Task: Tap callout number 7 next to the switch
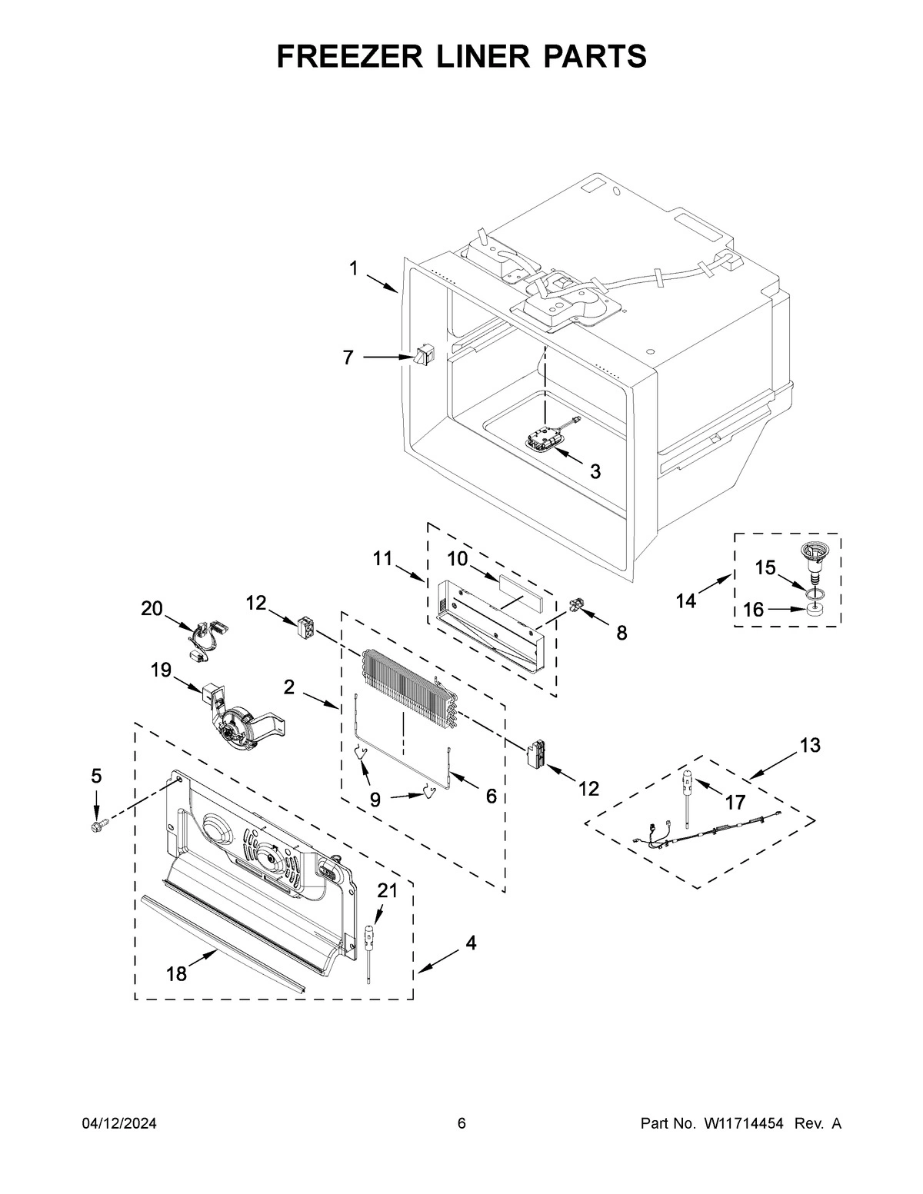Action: [348, 358]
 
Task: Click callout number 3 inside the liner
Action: [595, 471]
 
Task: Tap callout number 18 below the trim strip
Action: [176, 973]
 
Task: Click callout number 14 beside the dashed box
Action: [685, 600]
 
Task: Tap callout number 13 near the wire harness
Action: [809, 744]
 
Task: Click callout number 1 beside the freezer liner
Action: [354, 268]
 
